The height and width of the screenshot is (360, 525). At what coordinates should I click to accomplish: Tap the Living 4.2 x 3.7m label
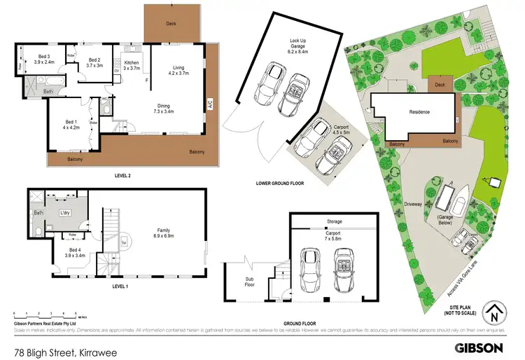(x=178, y=69)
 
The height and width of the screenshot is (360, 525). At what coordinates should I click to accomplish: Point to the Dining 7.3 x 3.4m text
(x=167, y=108)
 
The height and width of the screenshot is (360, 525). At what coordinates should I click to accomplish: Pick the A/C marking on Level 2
(x=209, y=105)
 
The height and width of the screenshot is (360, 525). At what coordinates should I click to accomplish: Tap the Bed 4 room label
(x=77, y=252)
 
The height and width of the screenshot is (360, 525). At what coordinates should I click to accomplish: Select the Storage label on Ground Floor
(x=334, y=222)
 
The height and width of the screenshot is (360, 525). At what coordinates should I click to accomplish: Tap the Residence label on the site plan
(x=419, y=111)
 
